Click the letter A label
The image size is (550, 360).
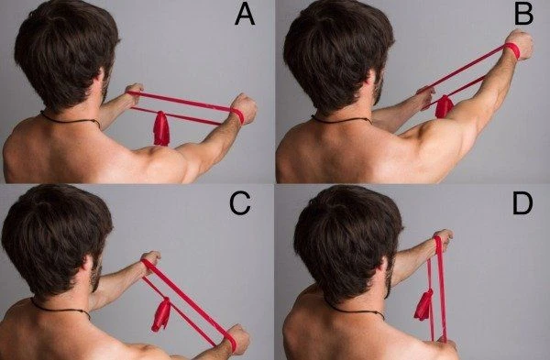tap(245, 15)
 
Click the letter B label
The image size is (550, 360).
tap(523, 15)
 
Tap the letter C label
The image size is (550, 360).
tap(240, 203)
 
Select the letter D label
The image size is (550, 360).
tap(522, 203)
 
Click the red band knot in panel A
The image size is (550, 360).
tap(161, 128)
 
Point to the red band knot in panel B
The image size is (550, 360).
tap(444, 106)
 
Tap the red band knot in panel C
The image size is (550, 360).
tap(161, 314)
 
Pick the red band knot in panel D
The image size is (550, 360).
tap(423, 305)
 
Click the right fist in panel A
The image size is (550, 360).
tap(245, 109)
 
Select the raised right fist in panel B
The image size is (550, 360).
tap(521, 45)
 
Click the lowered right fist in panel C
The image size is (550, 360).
tap(238, 338)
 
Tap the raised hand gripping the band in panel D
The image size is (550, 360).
tap(443, 240)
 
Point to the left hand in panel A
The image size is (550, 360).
tap(134, 93)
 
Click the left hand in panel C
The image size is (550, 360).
tap(151, 259)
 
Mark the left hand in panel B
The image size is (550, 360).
tap(426, 96)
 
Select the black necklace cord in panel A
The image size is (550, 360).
tap(71, 119)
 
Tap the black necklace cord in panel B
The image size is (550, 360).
tap(341, 120)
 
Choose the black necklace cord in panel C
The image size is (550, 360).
tap(60, 309)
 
